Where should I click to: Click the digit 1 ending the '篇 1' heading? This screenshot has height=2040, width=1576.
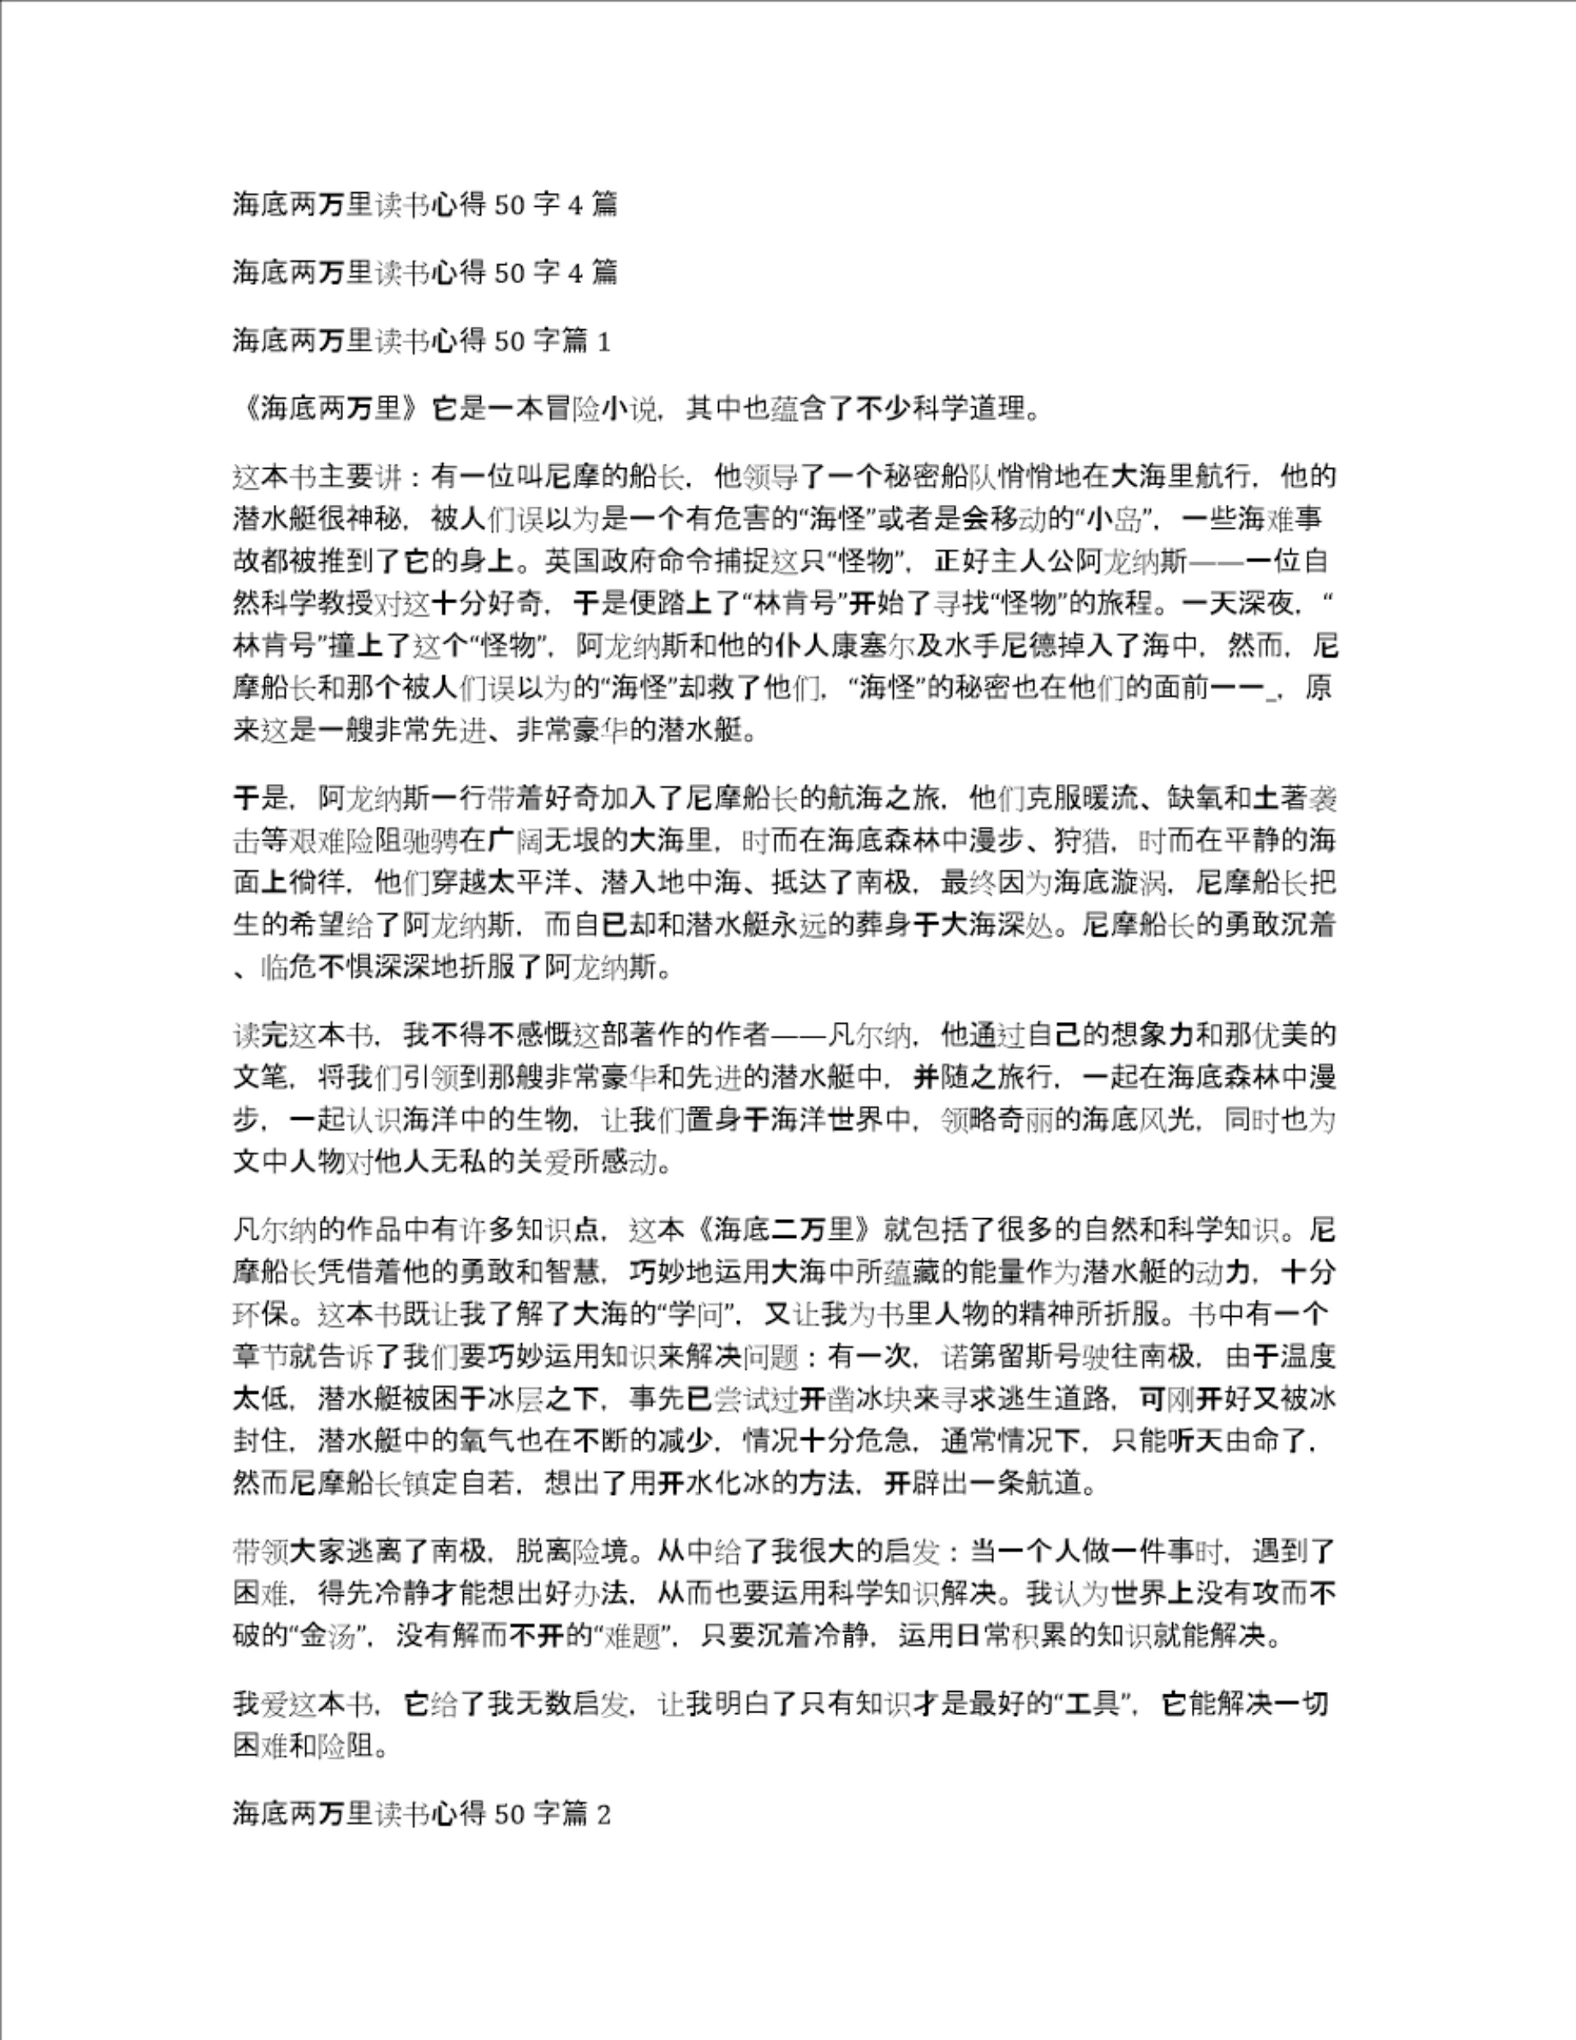point(603,342)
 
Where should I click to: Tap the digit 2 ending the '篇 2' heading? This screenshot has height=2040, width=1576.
point(603,1814)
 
